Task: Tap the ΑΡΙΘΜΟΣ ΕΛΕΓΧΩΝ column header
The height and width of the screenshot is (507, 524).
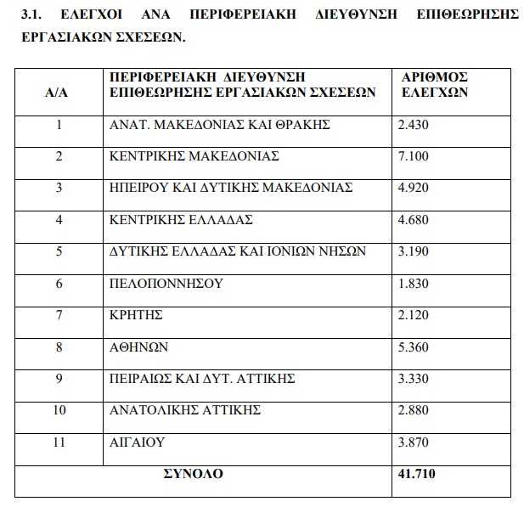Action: [x=434, y=84]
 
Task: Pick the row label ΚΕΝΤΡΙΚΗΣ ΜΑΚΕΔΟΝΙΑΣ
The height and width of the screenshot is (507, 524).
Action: [x=195, y=156]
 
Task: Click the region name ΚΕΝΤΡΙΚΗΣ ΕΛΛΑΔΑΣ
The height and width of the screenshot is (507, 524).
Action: [x=183, y=219]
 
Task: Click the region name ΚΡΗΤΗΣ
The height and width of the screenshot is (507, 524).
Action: [x=137, y=314]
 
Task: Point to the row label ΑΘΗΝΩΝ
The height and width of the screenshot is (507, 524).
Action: [x=140, y=346]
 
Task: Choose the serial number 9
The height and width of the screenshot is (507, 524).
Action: [x=59, y=378]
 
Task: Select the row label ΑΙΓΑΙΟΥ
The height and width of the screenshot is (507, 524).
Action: [x=138, y=442]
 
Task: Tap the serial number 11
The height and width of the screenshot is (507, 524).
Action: [x=59, y=442]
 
